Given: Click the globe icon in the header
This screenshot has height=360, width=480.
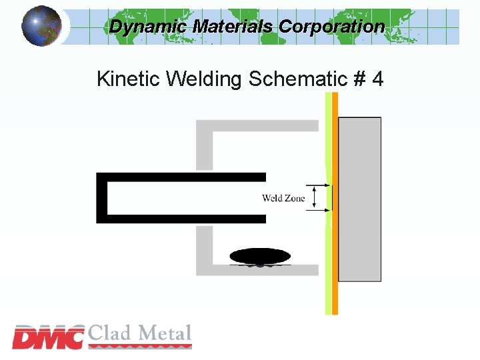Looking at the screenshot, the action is click(x=41, y=25).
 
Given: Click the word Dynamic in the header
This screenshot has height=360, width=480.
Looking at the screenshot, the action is click(x=149, y=27).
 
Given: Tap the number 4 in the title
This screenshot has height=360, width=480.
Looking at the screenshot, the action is click(x=377, y=79).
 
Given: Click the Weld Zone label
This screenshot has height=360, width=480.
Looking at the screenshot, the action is click(x=283, y=198).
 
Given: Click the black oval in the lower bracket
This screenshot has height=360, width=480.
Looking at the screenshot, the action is click(x=260, y=256).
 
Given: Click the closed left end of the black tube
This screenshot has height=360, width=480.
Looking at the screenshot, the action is click(x=101, y=197).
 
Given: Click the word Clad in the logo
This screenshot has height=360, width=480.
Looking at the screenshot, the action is click(x=111, y=333).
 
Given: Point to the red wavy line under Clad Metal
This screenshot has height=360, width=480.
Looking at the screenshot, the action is click(x=140, y=345).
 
